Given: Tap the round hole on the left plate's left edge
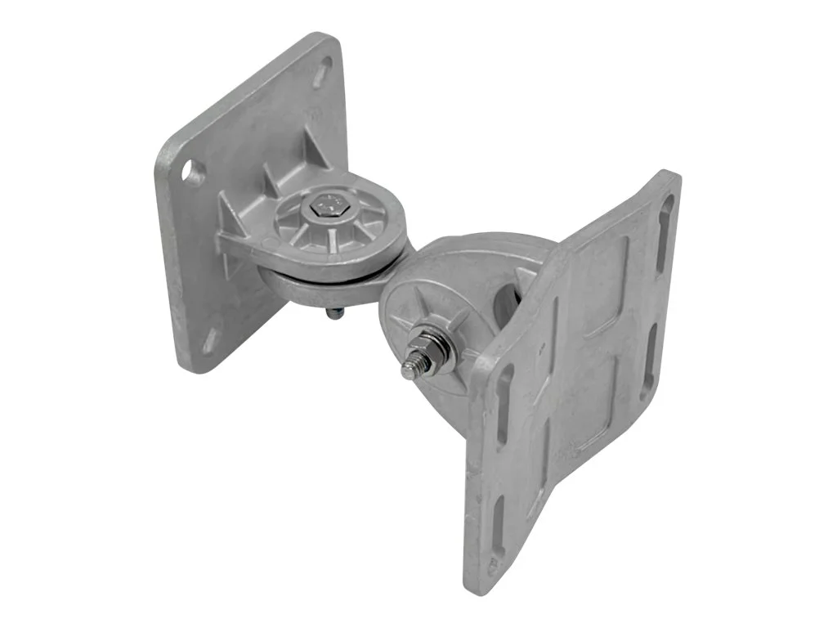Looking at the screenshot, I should tap(193, 172).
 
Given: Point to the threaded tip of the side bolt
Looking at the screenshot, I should tap(409, 370).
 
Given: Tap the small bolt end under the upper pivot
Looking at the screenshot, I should tap(334, 312).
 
